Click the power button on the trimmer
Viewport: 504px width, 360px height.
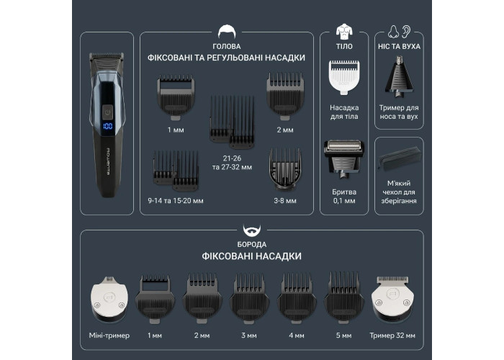tap(108, 112)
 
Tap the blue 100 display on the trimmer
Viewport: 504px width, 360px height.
tap(108, 126)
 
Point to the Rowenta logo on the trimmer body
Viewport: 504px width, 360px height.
tap(108, 161)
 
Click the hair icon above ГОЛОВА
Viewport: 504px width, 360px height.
tap(227, 32)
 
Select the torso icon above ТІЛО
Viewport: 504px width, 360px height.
tap(344, 31)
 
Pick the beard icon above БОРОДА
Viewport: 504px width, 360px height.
tap(252, 230)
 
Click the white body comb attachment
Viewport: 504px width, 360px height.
tap(344, 77)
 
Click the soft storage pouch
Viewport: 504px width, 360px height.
tap(399, 161)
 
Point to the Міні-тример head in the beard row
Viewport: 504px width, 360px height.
tap(109, 299)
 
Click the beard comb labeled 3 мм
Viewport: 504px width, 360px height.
tap(249, 298)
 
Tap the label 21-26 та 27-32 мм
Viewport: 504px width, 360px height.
tap(232, 163)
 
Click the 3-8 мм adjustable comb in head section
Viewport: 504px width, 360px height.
tap(285, 169)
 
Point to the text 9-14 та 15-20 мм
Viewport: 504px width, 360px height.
tap(176, 201)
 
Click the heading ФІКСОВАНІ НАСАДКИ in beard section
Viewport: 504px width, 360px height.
tap(252, 256)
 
